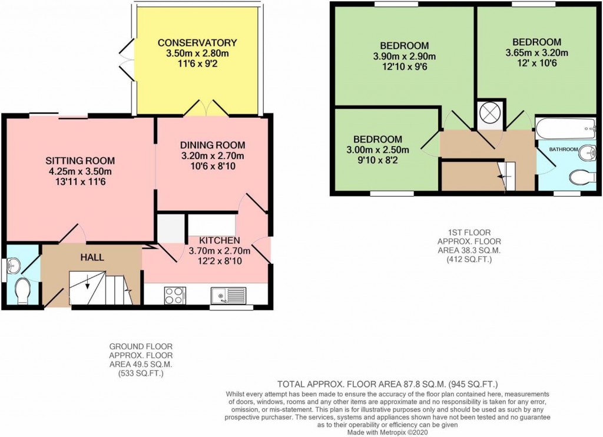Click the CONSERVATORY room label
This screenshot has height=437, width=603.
click(x=197, y=42)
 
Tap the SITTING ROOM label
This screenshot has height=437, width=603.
click(x=80, y=160)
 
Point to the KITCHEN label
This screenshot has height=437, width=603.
click(x=219, y=240)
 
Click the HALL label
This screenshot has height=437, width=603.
click(x=92, y=257)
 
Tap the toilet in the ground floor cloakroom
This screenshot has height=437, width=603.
click(x=23, y=292)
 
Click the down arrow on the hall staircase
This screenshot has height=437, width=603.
click(x=88, y=283)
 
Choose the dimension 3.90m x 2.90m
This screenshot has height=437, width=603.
click(x=404, y=57)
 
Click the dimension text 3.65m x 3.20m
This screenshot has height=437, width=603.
click(x=536, y=53)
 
